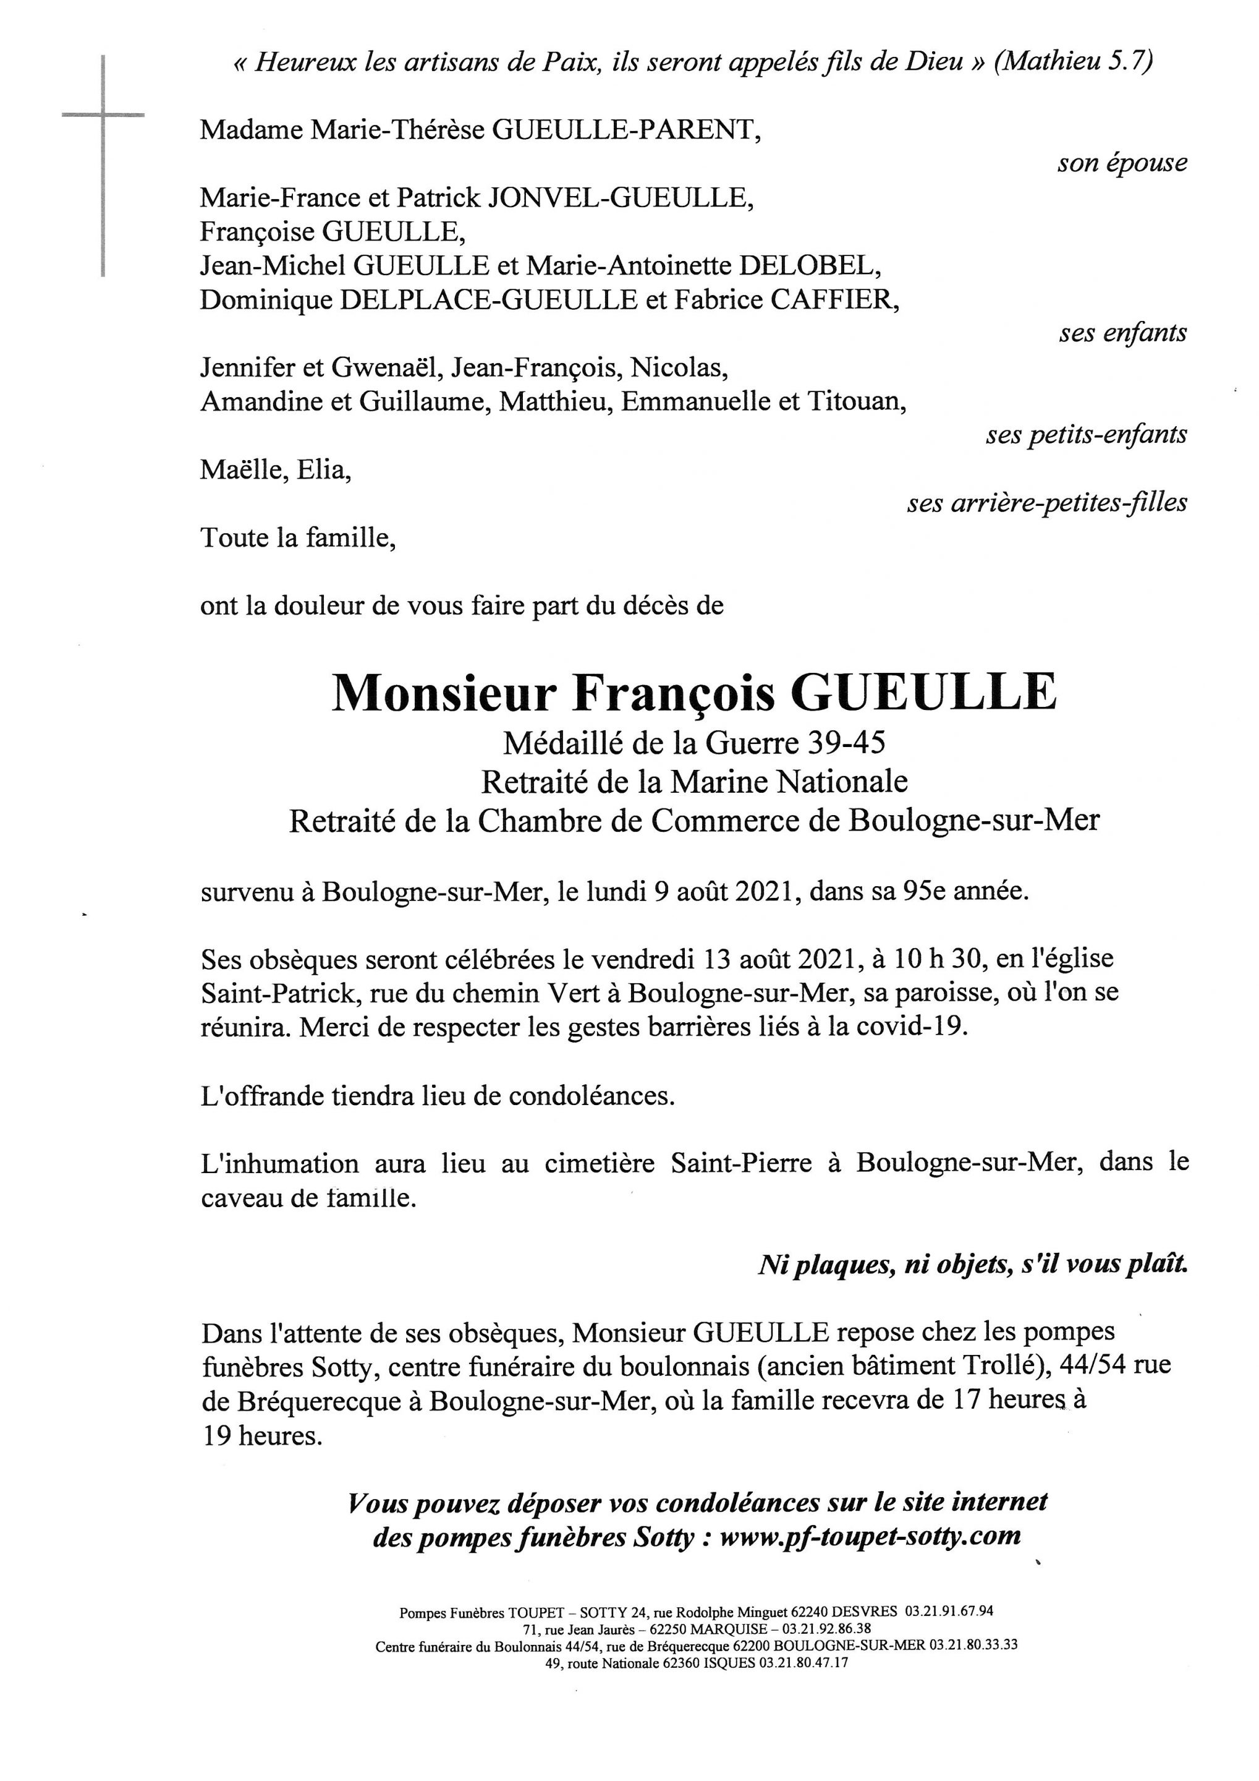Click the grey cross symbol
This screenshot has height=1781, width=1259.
pyautogui.click(x=103, y=116)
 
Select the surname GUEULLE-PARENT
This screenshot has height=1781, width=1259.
pyautogui.click(x=625, y=129)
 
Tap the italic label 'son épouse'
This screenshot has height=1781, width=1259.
pyautogui.click(x=1122, y=163)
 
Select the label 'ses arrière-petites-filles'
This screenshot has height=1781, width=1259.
pyautogui.click(x=1046, y=503)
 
